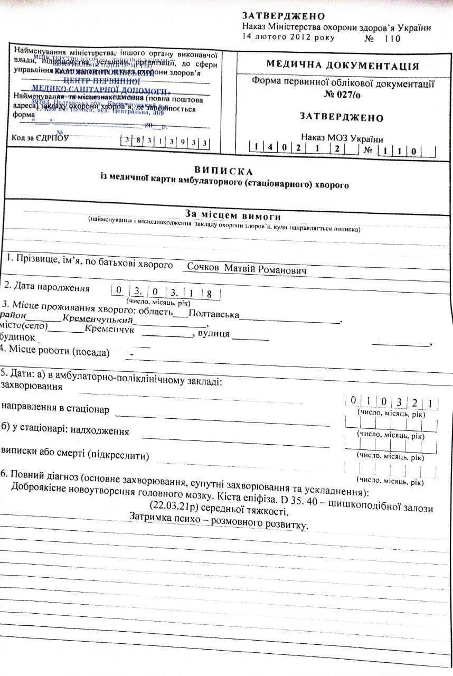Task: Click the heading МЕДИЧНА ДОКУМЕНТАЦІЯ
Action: coord(342,66)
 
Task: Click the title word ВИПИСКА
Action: coord(224,171)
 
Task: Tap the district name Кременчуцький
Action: coord(97,320)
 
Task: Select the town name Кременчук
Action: coord(109,330)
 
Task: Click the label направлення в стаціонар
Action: coord(55,408)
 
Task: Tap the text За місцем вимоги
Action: coord(232,215)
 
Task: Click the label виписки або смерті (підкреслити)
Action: coord(75,454)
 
